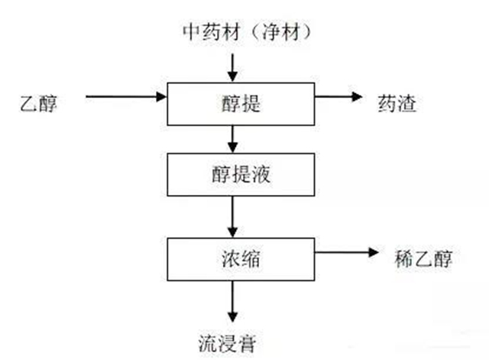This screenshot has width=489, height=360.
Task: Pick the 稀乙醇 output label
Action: click(424, 258)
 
